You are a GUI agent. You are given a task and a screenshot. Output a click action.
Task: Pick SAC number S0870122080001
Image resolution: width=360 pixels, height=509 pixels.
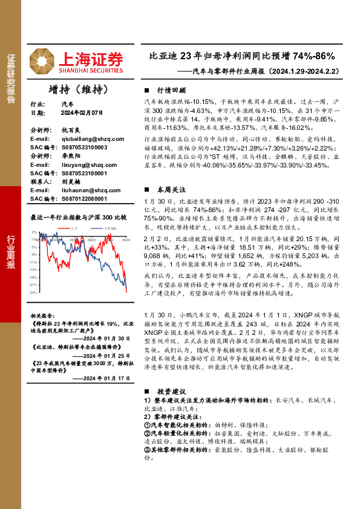coord(83,198)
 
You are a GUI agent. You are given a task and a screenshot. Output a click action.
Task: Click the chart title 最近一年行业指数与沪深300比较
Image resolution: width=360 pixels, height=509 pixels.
coord(78,217)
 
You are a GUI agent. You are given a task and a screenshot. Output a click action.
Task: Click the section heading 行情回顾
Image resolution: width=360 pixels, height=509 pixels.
coord(168,88)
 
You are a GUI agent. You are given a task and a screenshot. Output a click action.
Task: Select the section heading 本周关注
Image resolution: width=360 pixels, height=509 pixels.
coord(168,189)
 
